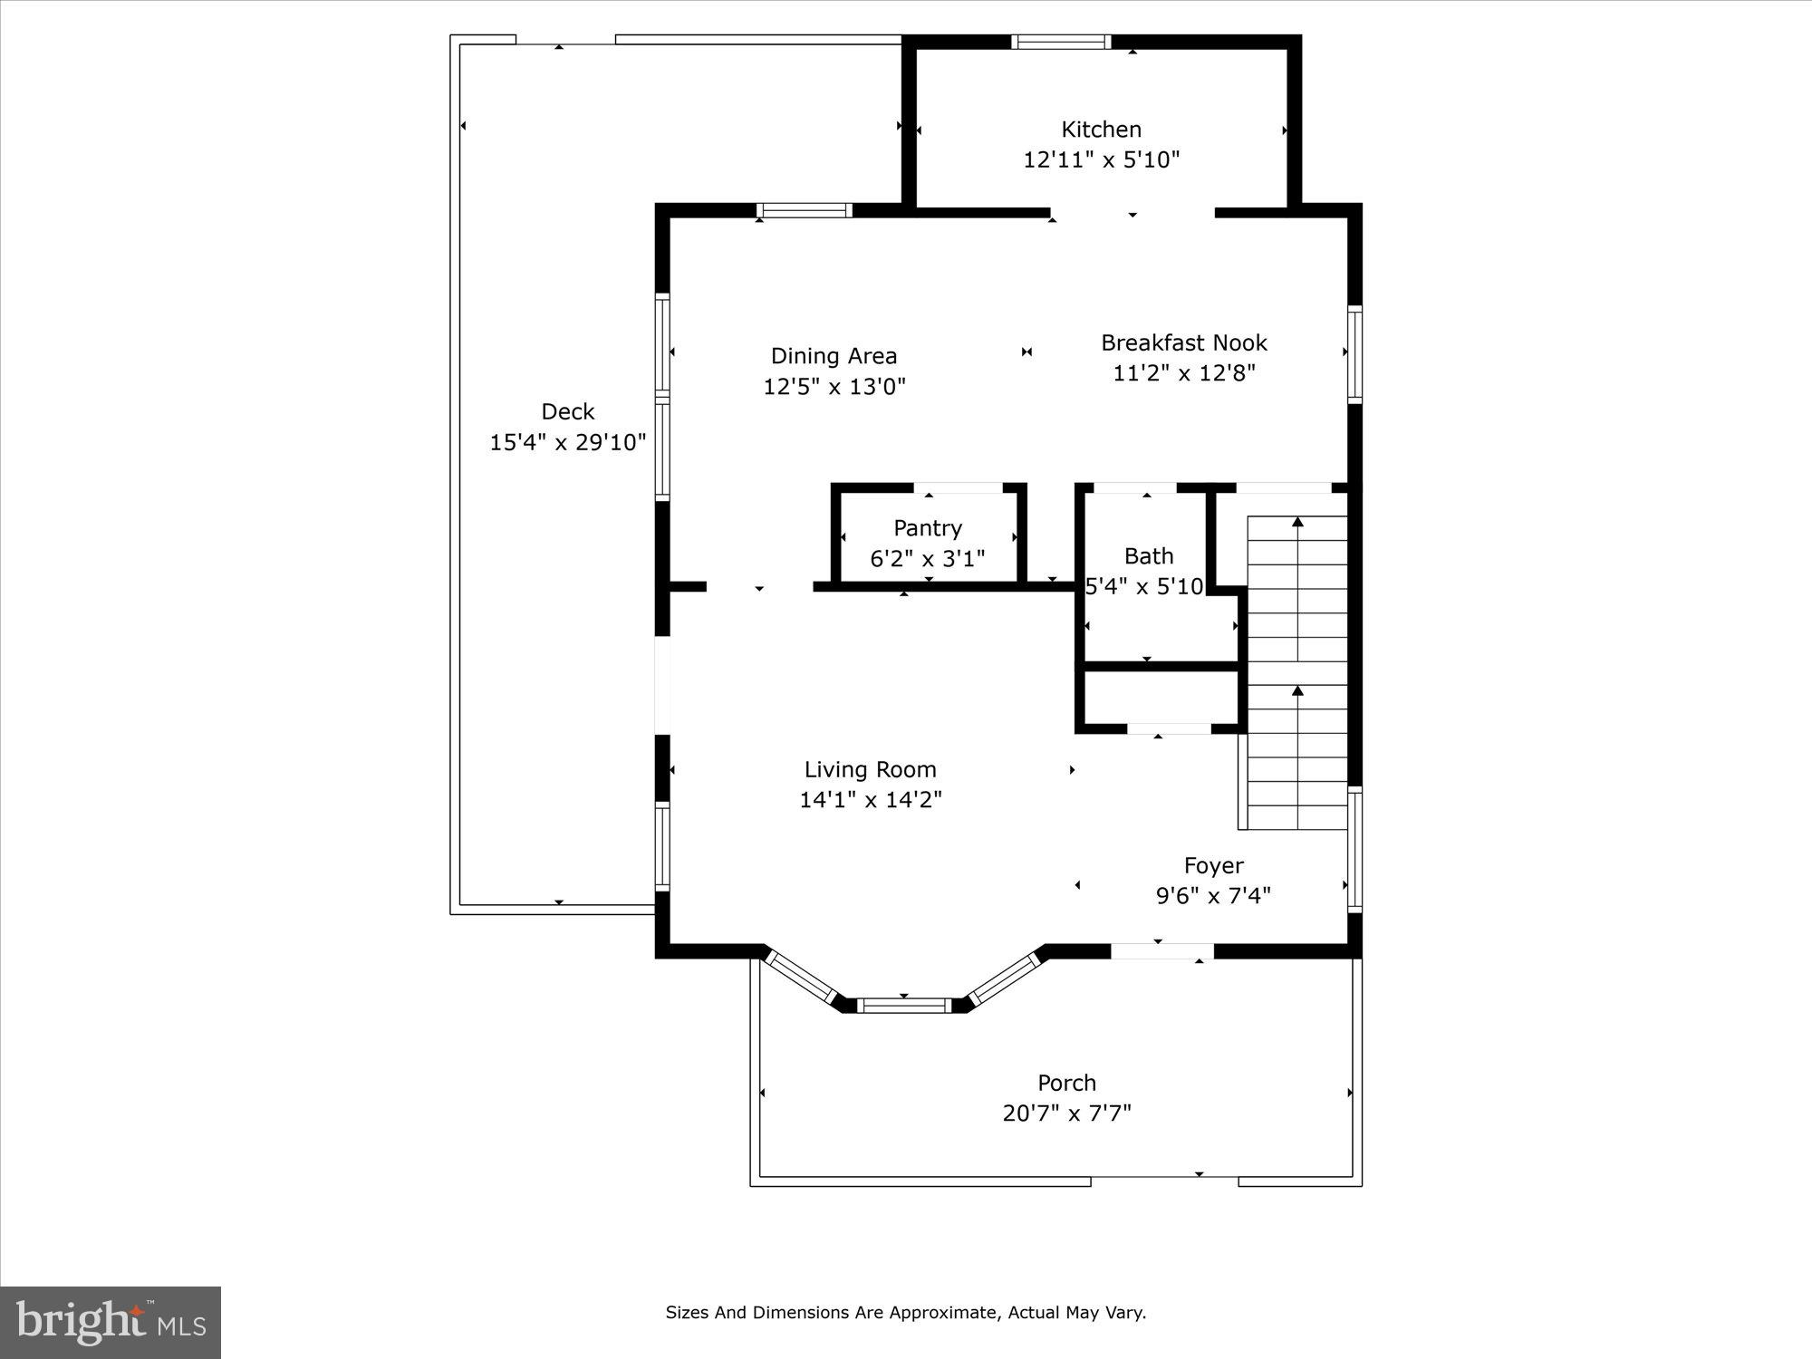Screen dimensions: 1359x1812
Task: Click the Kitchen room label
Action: click(1101, 130)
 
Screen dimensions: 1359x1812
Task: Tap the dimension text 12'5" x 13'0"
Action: click(834, 387)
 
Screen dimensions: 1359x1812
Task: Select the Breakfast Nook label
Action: click(1183, 342)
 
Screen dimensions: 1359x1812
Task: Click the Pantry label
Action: click(928, 528)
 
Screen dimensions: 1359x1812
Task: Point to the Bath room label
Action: click(1148, 556)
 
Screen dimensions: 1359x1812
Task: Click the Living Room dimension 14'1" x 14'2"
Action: click(870, 800)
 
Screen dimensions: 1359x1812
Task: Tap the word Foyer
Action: click(1213, 865)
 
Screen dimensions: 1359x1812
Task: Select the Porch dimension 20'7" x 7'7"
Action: click(1066, 1113)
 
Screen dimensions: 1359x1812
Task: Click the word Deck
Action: click(568, 411)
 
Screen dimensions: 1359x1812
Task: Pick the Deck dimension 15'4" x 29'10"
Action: click(568, 442)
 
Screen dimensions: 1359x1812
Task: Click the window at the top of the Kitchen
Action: click(1060, 42)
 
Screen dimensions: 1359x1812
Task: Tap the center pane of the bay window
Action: click(903, 1005)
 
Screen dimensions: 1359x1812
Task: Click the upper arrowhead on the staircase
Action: click(1297, 522)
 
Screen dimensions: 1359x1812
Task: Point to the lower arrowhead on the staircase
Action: click(1297, 691)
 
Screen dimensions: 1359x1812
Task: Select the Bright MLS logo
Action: click(110, 1322)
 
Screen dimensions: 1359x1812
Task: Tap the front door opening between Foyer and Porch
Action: click(1161, 950)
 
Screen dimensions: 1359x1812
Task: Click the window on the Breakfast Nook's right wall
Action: click(1354, 354)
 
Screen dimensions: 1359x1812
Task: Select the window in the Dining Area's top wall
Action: click(805, 211)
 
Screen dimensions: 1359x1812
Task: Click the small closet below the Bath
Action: click(1160, 698)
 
